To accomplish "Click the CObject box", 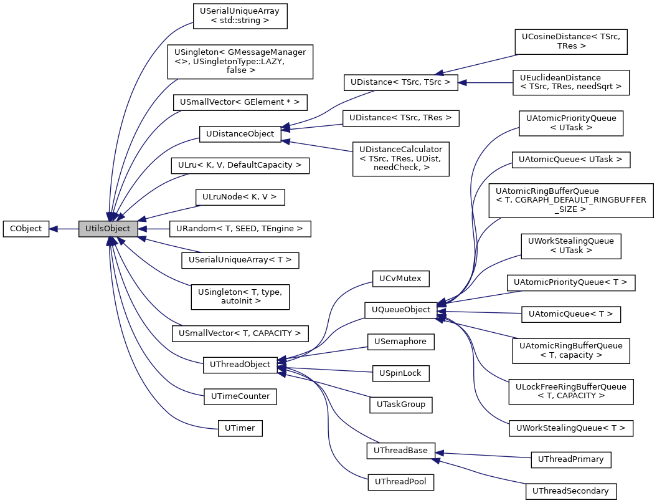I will point(26,229).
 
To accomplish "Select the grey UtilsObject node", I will point(108,229).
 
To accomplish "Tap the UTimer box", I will point(240,428).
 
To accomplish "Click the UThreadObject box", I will point(240,365).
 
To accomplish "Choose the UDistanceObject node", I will point(240,133).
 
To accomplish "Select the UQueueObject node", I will point(400,310).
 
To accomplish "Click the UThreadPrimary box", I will point(570,459).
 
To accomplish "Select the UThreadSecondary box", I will point(570,491).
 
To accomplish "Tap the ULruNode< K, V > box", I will point(240,197).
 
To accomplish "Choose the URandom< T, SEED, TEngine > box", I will point(240,229).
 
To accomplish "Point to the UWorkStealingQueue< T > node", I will point(570,428).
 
